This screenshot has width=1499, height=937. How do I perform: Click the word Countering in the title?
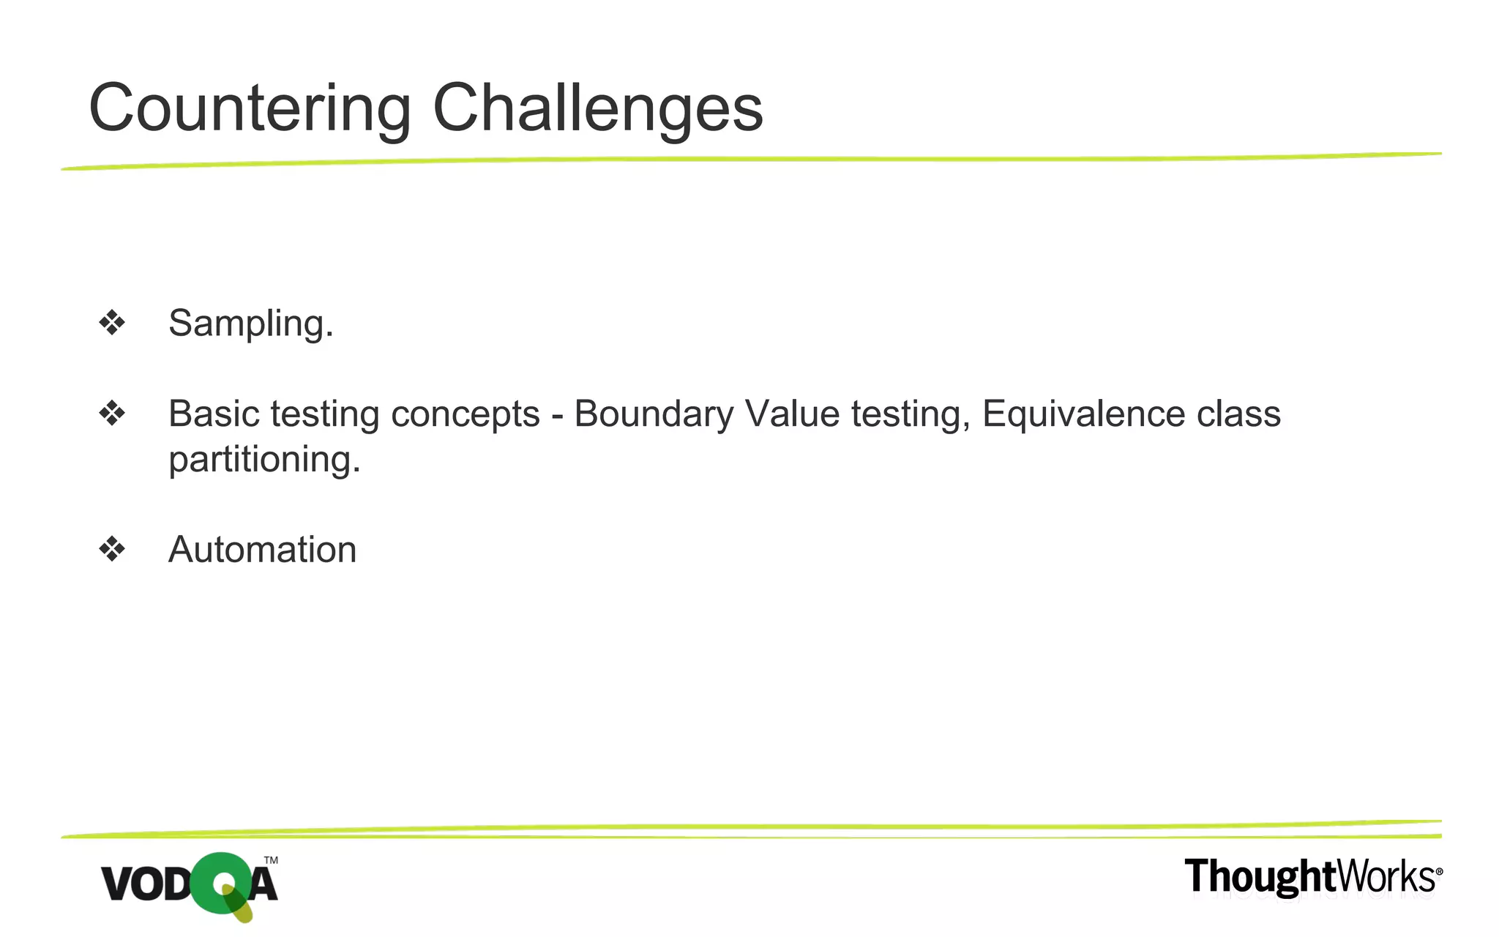coord(250,108)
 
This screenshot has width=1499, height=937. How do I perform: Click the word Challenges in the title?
coord(597,108)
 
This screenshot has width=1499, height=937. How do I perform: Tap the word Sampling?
coord(250,324)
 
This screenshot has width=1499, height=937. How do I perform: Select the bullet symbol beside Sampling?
coord(112,322)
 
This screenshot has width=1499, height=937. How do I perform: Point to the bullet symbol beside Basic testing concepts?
coord(112,414)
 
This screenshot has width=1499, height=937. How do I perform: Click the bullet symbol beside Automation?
coord(112,549)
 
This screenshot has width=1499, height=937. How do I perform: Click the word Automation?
coord(262,550)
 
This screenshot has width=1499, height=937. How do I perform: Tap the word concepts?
coord(465,415)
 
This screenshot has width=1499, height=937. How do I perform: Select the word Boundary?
coord(654,414)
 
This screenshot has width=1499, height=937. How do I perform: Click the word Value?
coord(792,414)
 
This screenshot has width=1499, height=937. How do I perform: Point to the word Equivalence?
coord(1083,414)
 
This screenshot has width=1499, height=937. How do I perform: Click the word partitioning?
coord(263,460)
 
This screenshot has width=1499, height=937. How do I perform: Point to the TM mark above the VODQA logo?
coord(271,861)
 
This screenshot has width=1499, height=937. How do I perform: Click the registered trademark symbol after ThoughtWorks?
coord(1439,872)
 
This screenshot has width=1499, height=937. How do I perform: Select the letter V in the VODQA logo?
coord(118,884)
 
